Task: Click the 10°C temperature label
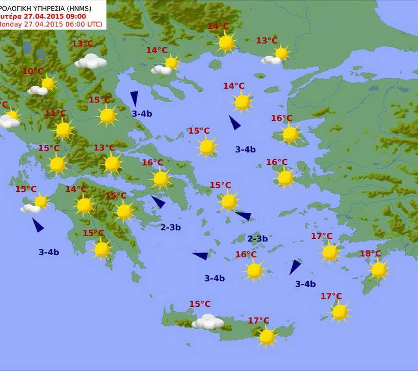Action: coord(33,71)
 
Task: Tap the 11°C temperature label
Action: coord(56,113)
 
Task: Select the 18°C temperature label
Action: coord(371,254)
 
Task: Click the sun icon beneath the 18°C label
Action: coord(379,270)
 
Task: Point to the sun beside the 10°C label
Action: coord(48,83)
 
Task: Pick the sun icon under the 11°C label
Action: coord(64,130)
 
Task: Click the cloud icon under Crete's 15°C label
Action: coord(207,321)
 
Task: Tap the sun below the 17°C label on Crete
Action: coord(267,337)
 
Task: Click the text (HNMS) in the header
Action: coord(91,8)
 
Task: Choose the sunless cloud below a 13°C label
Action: coord(91,61)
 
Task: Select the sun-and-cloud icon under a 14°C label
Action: coord(166,65)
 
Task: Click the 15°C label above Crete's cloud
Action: coord(200,304)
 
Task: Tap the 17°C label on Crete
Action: coord(258,320)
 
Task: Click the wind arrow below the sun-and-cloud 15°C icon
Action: coord(38,225)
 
